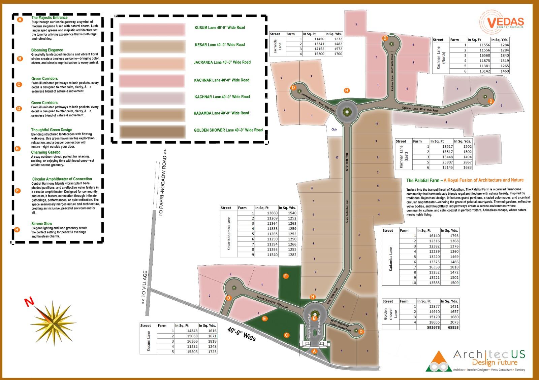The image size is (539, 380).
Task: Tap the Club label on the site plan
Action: point(334,129)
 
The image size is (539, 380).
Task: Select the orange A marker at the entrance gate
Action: point(314,351)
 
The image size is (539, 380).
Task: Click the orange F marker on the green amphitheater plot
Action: point(286,276)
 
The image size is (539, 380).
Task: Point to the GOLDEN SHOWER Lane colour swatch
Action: point(152,131)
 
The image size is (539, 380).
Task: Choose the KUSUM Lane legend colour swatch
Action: point(152,29)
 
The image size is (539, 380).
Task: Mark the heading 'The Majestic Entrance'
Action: point(50,17)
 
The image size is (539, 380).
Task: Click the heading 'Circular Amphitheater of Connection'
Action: point(62,179)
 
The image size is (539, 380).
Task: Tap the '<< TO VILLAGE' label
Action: point(145,288)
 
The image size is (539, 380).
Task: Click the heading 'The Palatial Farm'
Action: point(424,180)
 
